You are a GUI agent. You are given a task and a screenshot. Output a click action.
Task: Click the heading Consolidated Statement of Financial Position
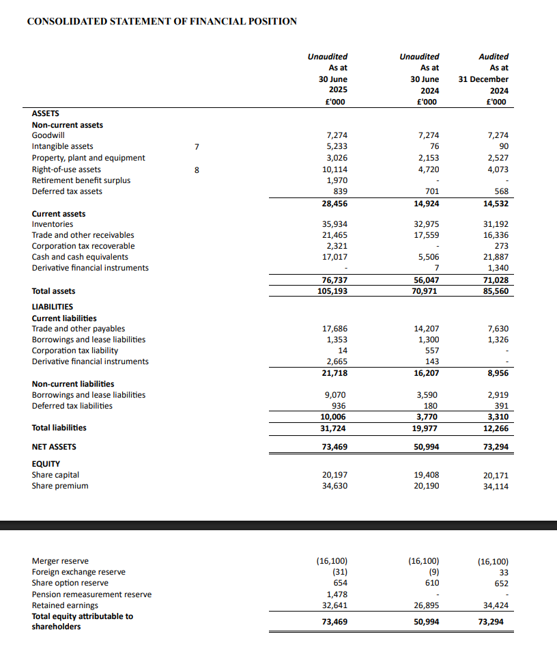162,21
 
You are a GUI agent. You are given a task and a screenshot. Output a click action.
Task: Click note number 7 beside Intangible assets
197,146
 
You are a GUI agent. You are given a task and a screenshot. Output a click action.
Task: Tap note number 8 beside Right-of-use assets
197,169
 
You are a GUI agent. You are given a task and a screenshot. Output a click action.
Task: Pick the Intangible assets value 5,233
337,146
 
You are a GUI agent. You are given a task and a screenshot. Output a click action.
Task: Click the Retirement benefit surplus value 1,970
337,180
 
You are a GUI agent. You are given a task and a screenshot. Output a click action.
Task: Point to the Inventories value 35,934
334,224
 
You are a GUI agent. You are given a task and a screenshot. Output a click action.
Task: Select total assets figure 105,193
332,291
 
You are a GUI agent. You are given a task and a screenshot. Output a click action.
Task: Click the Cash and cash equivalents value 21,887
495,257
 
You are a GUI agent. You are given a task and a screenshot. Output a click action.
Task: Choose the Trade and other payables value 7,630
497,329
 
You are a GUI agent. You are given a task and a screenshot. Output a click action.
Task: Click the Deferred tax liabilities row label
72,406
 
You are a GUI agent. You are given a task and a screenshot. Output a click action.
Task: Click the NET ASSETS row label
54,447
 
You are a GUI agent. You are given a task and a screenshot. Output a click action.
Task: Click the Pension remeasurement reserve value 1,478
337,594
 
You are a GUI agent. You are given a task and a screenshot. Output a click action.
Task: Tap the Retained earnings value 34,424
495,605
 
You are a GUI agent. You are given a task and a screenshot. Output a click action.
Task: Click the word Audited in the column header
494,57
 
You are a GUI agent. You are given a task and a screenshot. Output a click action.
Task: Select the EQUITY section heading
46,464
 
